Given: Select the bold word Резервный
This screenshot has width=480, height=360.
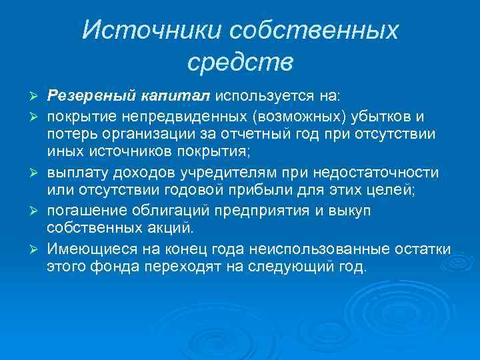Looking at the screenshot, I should pos(91,97).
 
